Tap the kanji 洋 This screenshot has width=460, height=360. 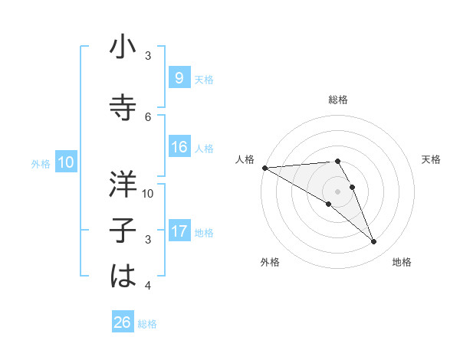tap(123, 184)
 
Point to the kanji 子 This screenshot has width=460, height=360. tap(123, 231)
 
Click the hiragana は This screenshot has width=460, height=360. tap(123, 277)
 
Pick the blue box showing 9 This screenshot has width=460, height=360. tap(179, 77)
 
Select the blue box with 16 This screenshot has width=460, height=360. tap(179, 147)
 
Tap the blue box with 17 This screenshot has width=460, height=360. tap(179, 231)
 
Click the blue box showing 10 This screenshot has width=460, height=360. tap(65, 162)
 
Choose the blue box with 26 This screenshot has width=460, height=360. tap(122, 322)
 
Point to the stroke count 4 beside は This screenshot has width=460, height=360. tap(148, 286)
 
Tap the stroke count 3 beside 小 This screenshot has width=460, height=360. tap(148, 56)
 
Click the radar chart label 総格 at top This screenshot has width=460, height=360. tap(338, 100)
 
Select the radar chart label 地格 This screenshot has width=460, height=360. tap(402, 262)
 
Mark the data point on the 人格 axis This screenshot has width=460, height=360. tap(264, 168)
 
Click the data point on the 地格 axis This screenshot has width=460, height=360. tap(374, 242)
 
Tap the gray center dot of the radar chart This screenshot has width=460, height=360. tap(337, 191)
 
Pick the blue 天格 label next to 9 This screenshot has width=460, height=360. tap(204, 79)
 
